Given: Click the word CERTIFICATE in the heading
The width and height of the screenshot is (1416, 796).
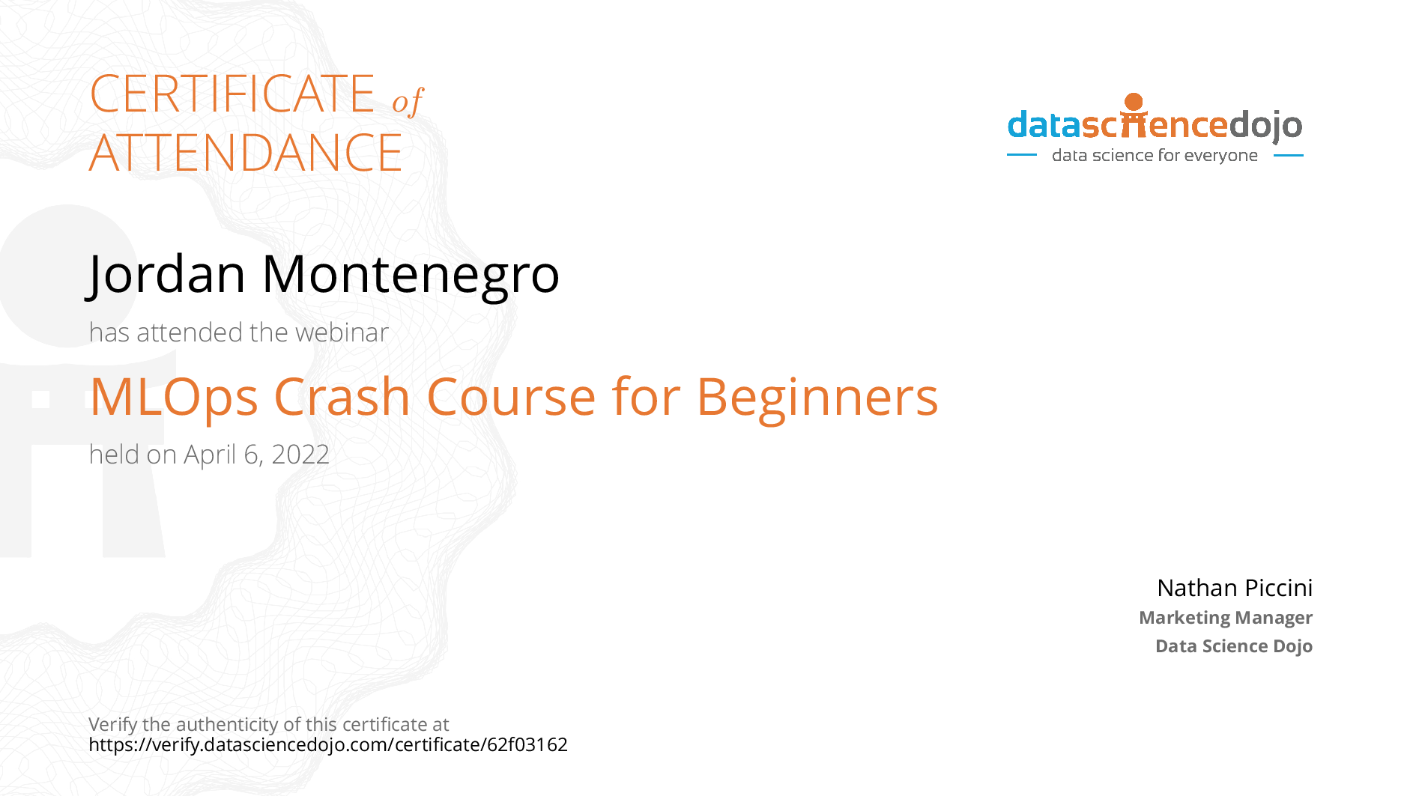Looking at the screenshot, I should pos(232,94).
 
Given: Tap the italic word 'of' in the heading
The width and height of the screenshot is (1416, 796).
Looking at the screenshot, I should pos(408,101).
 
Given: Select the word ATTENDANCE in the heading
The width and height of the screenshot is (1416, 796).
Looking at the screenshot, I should pos(246,153).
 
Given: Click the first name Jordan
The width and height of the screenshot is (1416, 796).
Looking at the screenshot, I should pos(166,274).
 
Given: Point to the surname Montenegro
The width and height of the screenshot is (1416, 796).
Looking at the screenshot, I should pos(410,274).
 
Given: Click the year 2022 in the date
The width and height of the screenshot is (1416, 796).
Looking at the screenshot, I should pos(300,455).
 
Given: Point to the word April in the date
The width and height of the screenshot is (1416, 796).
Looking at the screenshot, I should pos(210,455).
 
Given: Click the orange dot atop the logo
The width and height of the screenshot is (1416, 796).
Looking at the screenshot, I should pos(1134,102).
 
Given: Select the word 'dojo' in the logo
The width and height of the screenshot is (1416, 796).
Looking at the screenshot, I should pos(1266,126).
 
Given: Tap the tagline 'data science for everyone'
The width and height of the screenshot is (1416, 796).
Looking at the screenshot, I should pos(1155,156).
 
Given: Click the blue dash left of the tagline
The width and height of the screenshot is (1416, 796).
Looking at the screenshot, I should pos(1021,156).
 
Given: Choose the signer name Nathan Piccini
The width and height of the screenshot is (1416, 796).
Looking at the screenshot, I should pos(1234,588).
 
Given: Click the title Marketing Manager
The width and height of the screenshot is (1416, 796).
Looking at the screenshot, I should pos(1225,618).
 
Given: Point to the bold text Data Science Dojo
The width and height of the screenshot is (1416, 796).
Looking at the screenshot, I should pos(1233,646).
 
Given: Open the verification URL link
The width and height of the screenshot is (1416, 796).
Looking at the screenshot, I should pos(328,745).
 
